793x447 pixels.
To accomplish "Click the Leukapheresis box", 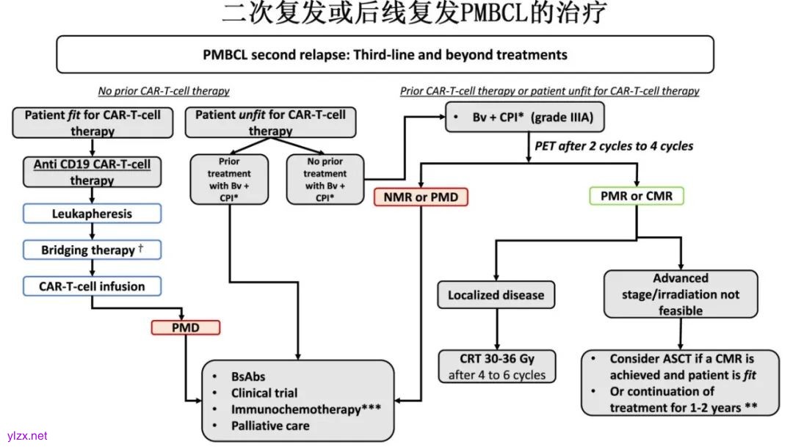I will [x=92, y=214].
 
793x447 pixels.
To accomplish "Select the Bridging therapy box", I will [x=92, y=250].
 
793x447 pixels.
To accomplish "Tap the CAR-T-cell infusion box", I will [x=92, y=286].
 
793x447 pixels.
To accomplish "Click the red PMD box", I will [x=185, y=327].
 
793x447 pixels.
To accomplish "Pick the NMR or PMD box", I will [x=421, y=197].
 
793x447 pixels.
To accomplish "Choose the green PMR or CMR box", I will [x=637, y=197].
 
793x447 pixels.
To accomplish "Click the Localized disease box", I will [x=496, y=294].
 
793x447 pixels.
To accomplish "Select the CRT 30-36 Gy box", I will [x=497, y=367].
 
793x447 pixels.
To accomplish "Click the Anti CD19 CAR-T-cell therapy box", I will [x=92, y=172].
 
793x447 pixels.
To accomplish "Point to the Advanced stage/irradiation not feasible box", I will [x=681, y=294].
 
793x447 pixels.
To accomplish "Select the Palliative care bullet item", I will [x=270, y=426].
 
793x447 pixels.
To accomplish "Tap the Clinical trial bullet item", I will [x=264, y=393].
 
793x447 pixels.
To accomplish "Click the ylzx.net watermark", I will [x=26, y=435].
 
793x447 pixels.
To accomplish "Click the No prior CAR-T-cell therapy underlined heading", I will [x=164, y=91].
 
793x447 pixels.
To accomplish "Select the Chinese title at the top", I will [x=415, y=13].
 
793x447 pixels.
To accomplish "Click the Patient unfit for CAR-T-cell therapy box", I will [x=270, y=123].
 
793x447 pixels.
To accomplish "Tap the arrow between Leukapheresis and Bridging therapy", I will [x=92, y=232].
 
